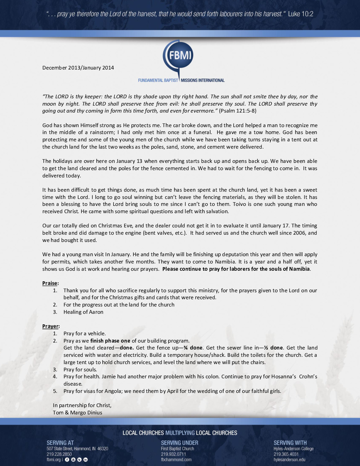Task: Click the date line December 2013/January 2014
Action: tap(78, 68)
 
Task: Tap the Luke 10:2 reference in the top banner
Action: tap(300, 14)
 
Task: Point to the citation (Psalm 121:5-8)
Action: tap(238, 111)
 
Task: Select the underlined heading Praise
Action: tap(50, 283)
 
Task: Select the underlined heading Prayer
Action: tap(50, 326)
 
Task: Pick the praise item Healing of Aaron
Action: tap(83, 312)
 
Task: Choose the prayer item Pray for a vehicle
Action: tap(85, 334)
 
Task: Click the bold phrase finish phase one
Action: tap(110, 341)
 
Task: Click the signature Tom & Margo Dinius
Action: tap(77, 413)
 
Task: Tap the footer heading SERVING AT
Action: tap(60, 443)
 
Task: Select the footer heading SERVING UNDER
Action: tap(180, 443)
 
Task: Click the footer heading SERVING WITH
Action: tap(290, 443)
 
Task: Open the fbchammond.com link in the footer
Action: tap(176, 460)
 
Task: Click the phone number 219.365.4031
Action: tap(286, 454)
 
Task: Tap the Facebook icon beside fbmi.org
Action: tap(67, 460)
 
